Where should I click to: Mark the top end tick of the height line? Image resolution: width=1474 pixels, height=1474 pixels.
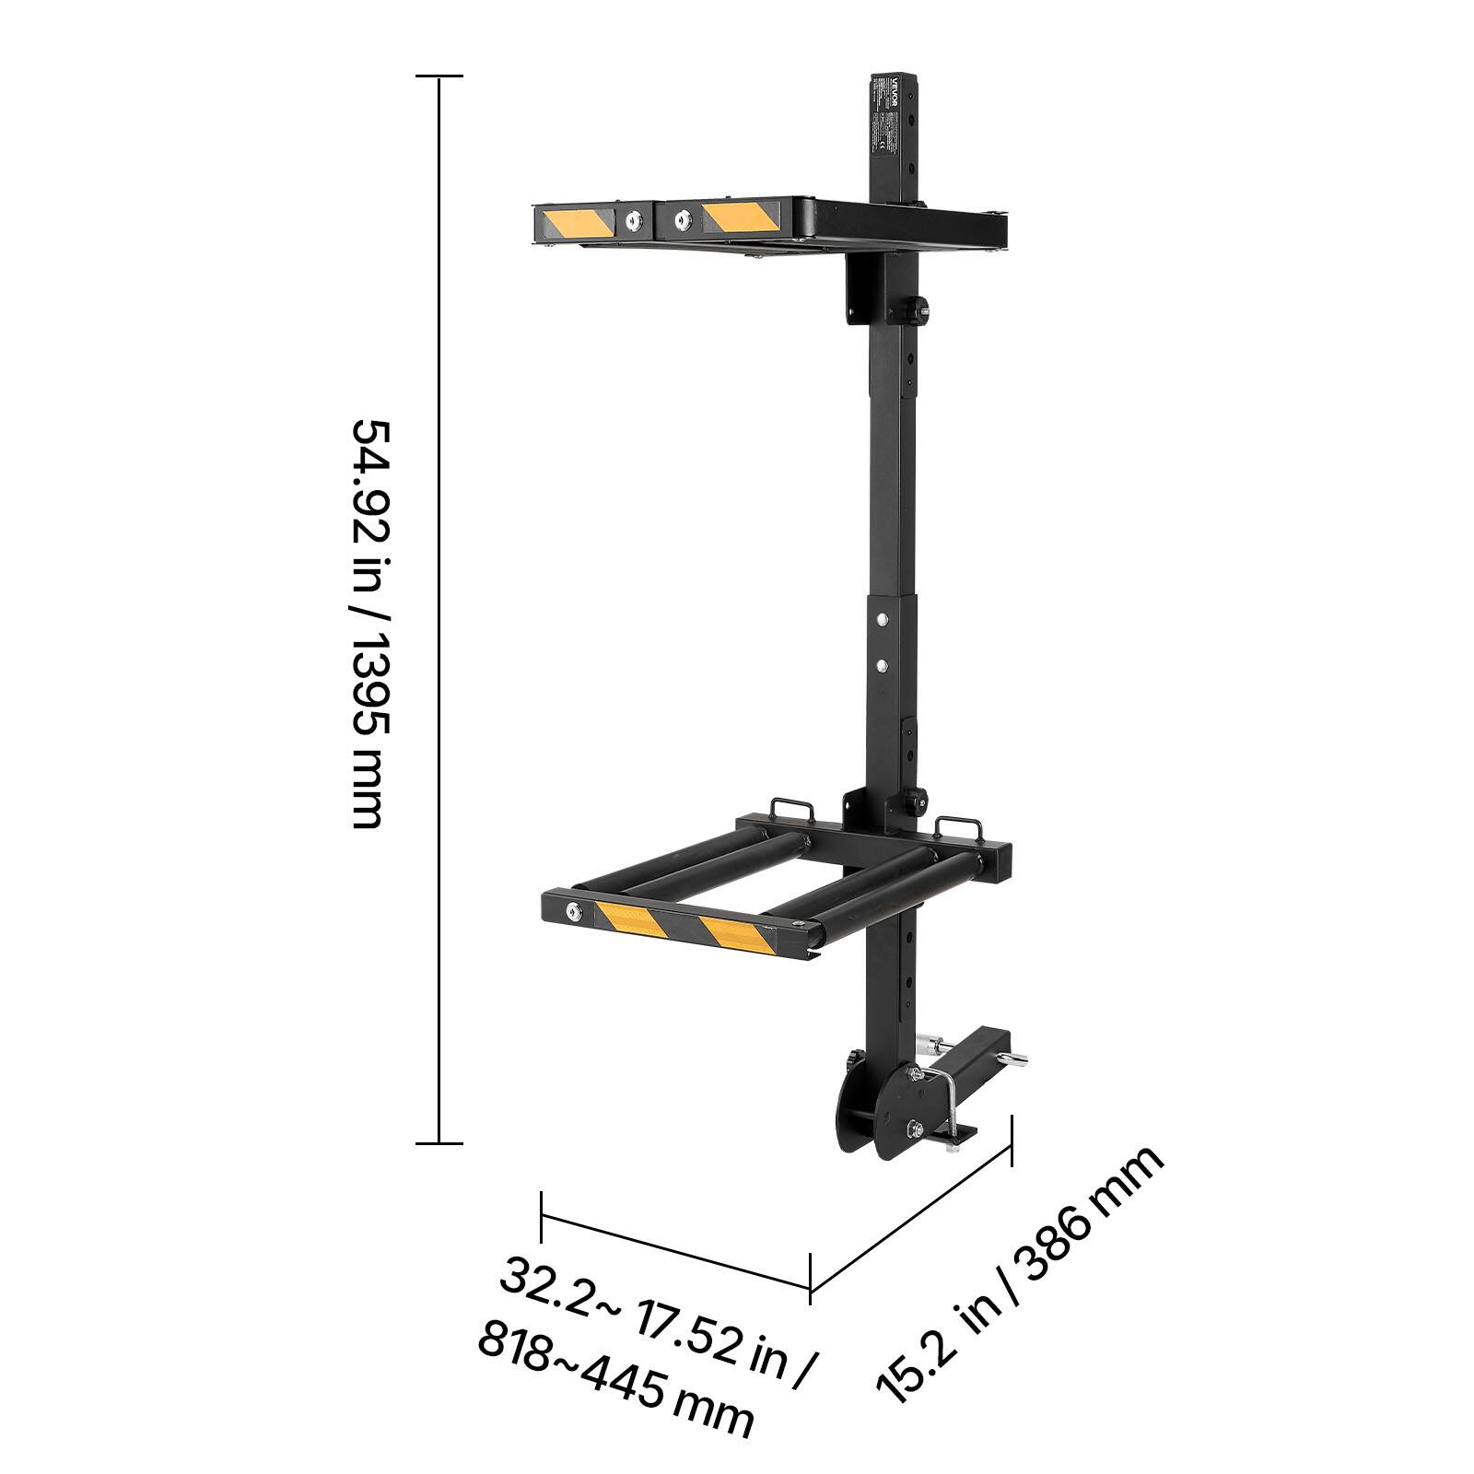pyautogui.click(x=439, y=76)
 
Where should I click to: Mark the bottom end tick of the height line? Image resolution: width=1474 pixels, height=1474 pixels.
pyautogui.click(x=439, y=1143)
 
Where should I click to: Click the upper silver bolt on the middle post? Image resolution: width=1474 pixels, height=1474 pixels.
pyautogui.click(x=883, y=619)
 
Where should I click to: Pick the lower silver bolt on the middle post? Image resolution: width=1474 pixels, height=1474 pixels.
pyautogui.click(x=883, y=663)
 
